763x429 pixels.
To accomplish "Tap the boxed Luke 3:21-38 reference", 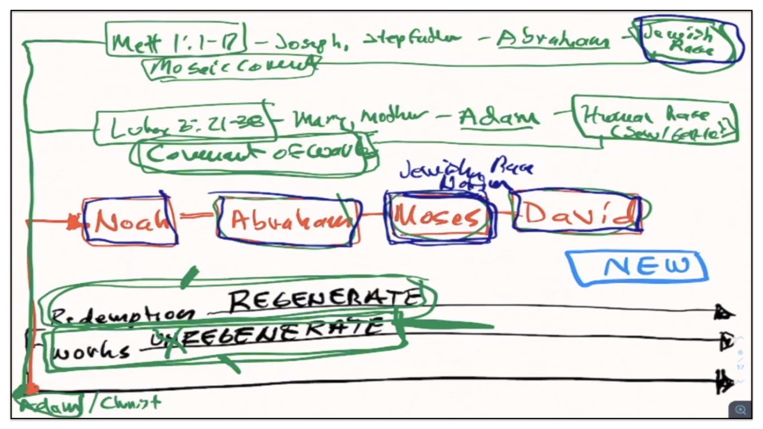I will point(185,124).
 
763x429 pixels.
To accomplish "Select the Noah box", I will point(130,221).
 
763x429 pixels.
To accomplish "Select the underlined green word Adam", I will point(498,117).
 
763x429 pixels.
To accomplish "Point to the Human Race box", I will point(656,119).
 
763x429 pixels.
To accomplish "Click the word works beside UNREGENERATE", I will point(91,352).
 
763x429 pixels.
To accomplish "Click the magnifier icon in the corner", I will point(740,410).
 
